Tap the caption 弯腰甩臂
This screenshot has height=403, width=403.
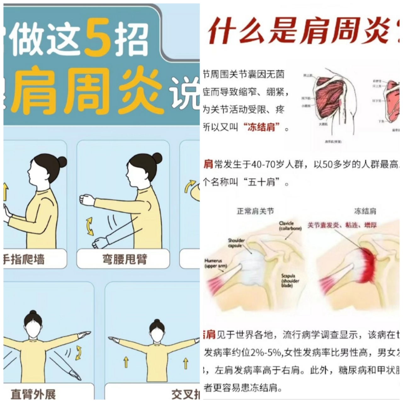pos(124,259)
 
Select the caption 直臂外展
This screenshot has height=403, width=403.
pos(33,394)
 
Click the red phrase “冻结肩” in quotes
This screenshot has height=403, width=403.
pos(261,128)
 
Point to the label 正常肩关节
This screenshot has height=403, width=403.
pos(255,211)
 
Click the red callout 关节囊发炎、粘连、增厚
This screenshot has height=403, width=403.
pos(342,225)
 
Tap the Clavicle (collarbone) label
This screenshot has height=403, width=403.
pos(290,226)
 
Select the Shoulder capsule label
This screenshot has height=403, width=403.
pos(236,243)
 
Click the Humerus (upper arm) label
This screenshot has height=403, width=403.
pos(216,264)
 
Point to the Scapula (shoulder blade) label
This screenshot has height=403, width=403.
pos(290,281)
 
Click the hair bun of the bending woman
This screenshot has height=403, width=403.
pos(156,158)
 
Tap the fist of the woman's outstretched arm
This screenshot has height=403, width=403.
pos(87,200)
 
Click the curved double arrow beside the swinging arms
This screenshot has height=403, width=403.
pos(90,226)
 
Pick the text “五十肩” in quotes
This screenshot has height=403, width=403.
pos(261,182)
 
